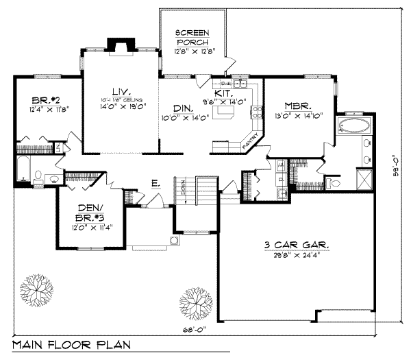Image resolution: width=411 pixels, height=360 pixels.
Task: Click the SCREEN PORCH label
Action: [192, 37]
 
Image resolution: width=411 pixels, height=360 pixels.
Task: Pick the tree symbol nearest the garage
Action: [194, 300]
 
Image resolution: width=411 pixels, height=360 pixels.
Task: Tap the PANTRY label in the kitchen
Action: [250, 142]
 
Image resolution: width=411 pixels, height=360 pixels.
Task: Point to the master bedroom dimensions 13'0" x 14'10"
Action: [299, 117]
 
